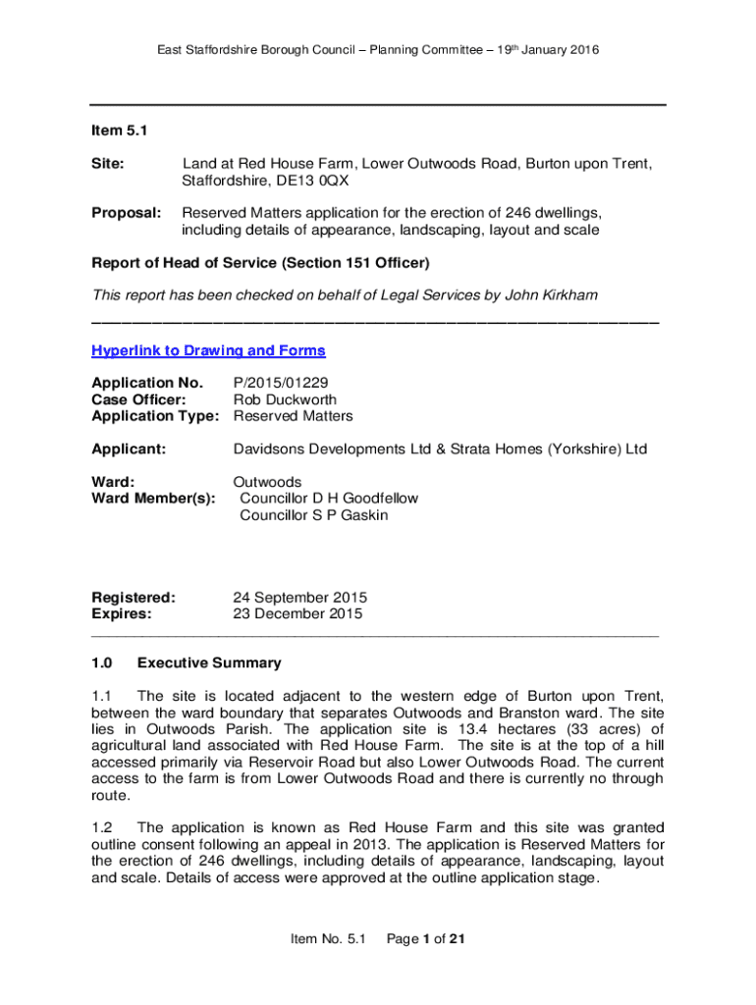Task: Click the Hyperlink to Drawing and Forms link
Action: pyautogui.click(x=208, y=350)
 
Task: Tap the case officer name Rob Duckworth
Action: pyautogui.click(x=285, y=399)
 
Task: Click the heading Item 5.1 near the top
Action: pyautogui.click(x=119, y=131)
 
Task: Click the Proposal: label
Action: pyautogui.click(x=127, y=213)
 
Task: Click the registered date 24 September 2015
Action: pyautogui.click(x=299, y=597)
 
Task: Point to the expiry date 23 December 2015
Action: pyautogui.click(x=297, y=614)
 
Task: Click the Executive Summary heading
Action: pyautogui.click(x=209, y=662)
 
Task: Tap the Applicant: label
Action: pyautogui.click(x=129, y=450)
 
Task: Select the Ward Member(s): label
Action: pyautogui.click(x=153, y=499)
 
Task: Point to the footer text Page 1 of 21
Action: pyautogui.click(x=425, y=939)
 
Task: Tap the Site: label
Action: pyautogui.click(x=108, y=164)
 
